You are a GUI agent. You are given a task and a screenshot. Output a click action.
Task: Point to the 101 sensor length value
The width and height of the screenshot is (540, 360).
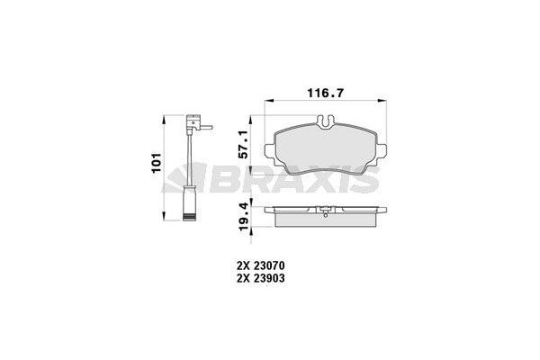coord(156,166)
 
